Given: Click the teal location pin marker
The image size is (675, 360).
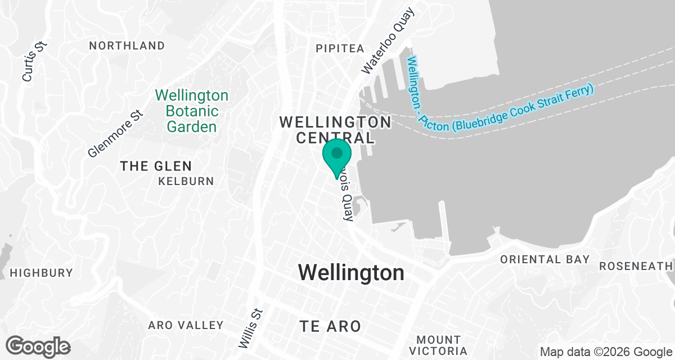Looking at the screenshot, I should (337, 155).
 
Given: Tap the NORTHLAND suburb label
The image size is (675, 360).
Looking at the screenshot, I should (127, 46).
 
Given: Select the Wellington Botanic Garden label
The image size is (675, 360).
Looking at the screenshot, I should (192, 111).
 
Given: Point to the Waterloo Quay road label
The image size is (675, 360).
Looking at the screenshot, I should (388, 40).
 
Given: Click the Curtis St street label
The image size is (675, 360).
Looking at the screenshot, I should (33, 60).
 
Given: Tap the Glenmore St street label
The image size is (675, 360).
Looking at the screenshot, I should (116, 133).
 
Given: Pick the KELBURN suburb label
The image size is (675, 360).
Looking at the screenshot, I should (186, 181).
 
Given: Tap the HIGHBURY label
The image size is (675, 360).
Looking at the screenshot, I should (42, 273).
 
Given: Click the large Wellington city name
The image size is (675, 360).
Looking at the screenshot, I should (351, 273).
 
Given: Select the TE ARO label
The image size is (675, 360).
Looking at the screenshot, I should (330, 326).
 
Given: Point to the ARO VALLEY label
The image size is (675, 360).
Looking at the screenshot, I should (186, 325).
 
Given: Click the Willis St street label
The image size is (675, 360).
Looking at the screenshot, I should (251, 328).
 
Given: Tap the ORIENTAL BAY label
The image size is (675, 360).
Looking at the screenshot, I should (545, 259).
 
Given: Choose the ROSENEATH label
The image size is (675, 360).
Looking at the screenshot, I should (636, 266).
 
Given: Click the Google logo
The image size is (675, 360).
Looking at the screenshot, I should (38, 346).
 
